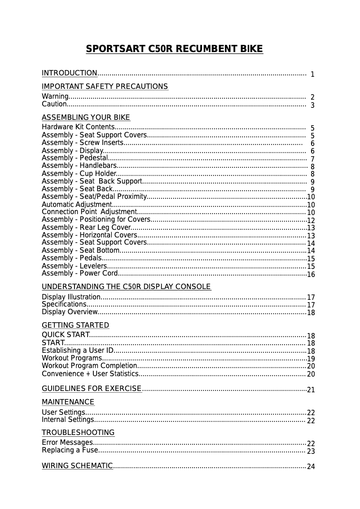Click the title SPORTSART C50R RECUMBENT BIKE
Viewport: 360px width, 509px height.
click(x=174, y=49)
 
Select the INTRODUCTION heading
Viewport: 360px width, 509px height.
click(x=70, y=73)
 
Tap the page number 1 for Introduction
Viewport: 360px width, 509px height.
click(x=312, y=75)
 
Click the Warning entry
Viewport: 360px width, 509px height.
click(x=55, y=97)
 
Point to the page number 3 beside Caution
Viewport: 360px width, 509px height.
click(x=312, y=105)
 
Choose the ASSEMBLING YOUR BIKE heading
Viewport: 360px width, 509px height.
click(x=86, y=118)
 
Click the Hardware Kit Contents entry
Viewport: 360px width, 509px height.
click(x=78, y=127)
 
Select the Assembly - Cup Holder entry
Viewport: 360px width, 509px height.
click(x=79, y=174)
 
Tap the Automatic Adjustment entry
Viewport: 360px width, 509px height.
click(x=76, y=205)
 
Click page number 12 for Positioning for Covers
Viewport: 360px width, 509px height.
click(x=311, y=221)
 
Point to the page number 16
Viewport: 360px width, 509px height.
click(x=311, y=275)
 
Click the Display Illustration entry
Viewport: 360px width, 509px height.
click(x=71, y=297)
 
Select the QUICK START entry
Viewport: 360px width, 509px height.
click(x=66, y=335)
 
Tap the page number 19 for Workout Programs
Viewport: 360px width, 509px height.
click(x=311, y=359)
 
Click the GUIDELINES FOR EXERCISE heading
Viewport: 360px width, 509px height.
click(x=92, y=389)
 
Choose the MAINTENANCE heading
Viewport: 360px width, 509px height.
click(x=68, y=402)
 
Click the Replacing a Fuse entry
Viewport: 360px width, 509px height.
click(x=70, y=450)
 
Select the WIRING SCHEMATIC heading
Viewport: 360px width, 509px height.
click(x=77, y=466)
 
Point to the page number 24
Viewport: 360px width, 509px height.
click(x=311, y=467)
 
